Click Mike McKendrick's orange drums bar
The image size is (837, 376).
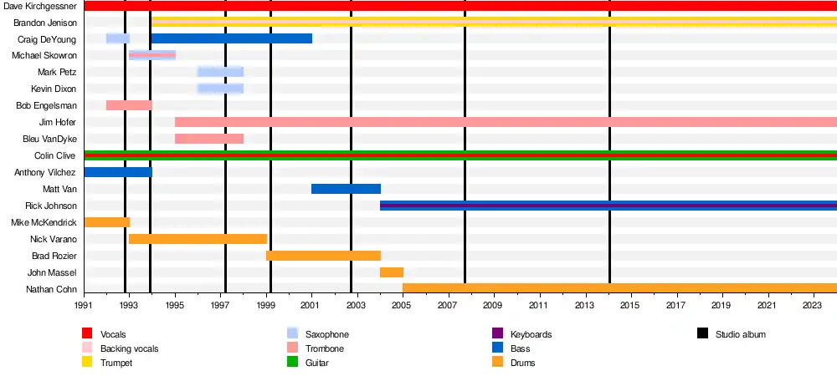point(106,222)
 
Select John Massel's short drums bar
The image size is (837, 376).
point(392,272)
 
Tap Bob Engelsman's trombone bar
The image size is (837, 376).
point(129,105)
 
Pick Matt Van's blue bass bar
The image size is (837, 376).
point(346,189)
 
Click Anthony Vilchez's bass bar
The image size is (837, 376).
point(117,172)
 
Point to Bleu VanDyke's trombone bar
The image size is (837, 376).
point(209,139)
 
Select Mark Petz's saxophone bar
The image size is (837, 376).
point(220,72)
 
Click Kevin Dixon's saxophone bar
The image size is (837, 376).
point(220,89)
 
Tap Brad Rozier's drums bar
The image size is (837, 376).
point(323,256)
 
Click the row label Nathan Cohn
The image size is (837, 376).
point(52,290)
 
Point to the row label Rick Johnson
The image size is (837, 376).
point(52,206)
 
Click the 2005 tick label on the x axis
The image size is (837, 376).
point(401,307)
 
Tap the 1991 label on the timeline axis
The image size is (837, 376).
point(84,307)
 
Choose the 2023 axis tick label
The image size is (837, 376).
point(813,307)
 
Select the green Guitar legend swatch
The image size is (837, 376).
point(292,363)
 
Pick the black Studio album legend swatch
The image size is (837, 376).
point(702,334)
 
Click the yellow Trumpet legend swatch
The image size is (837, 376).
point(87,363)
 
